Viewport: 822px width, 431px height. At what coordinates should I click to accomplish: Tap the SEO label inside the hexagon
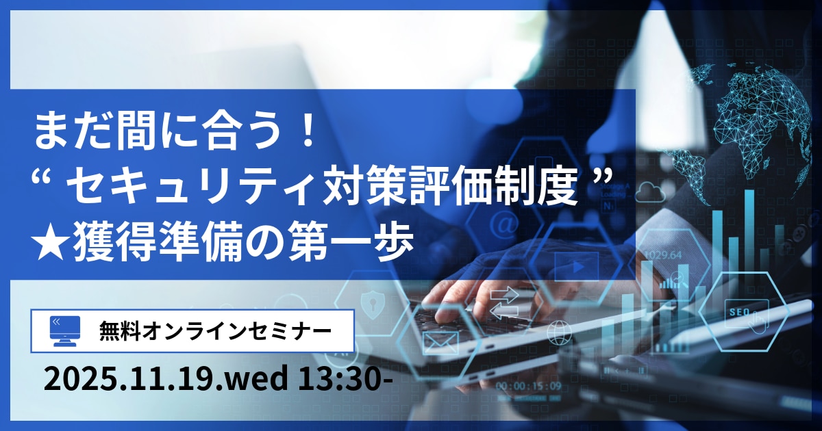coord(743,311)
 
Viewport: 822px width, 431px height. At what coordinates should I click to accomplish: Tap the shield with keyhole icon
coord(374,301)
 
